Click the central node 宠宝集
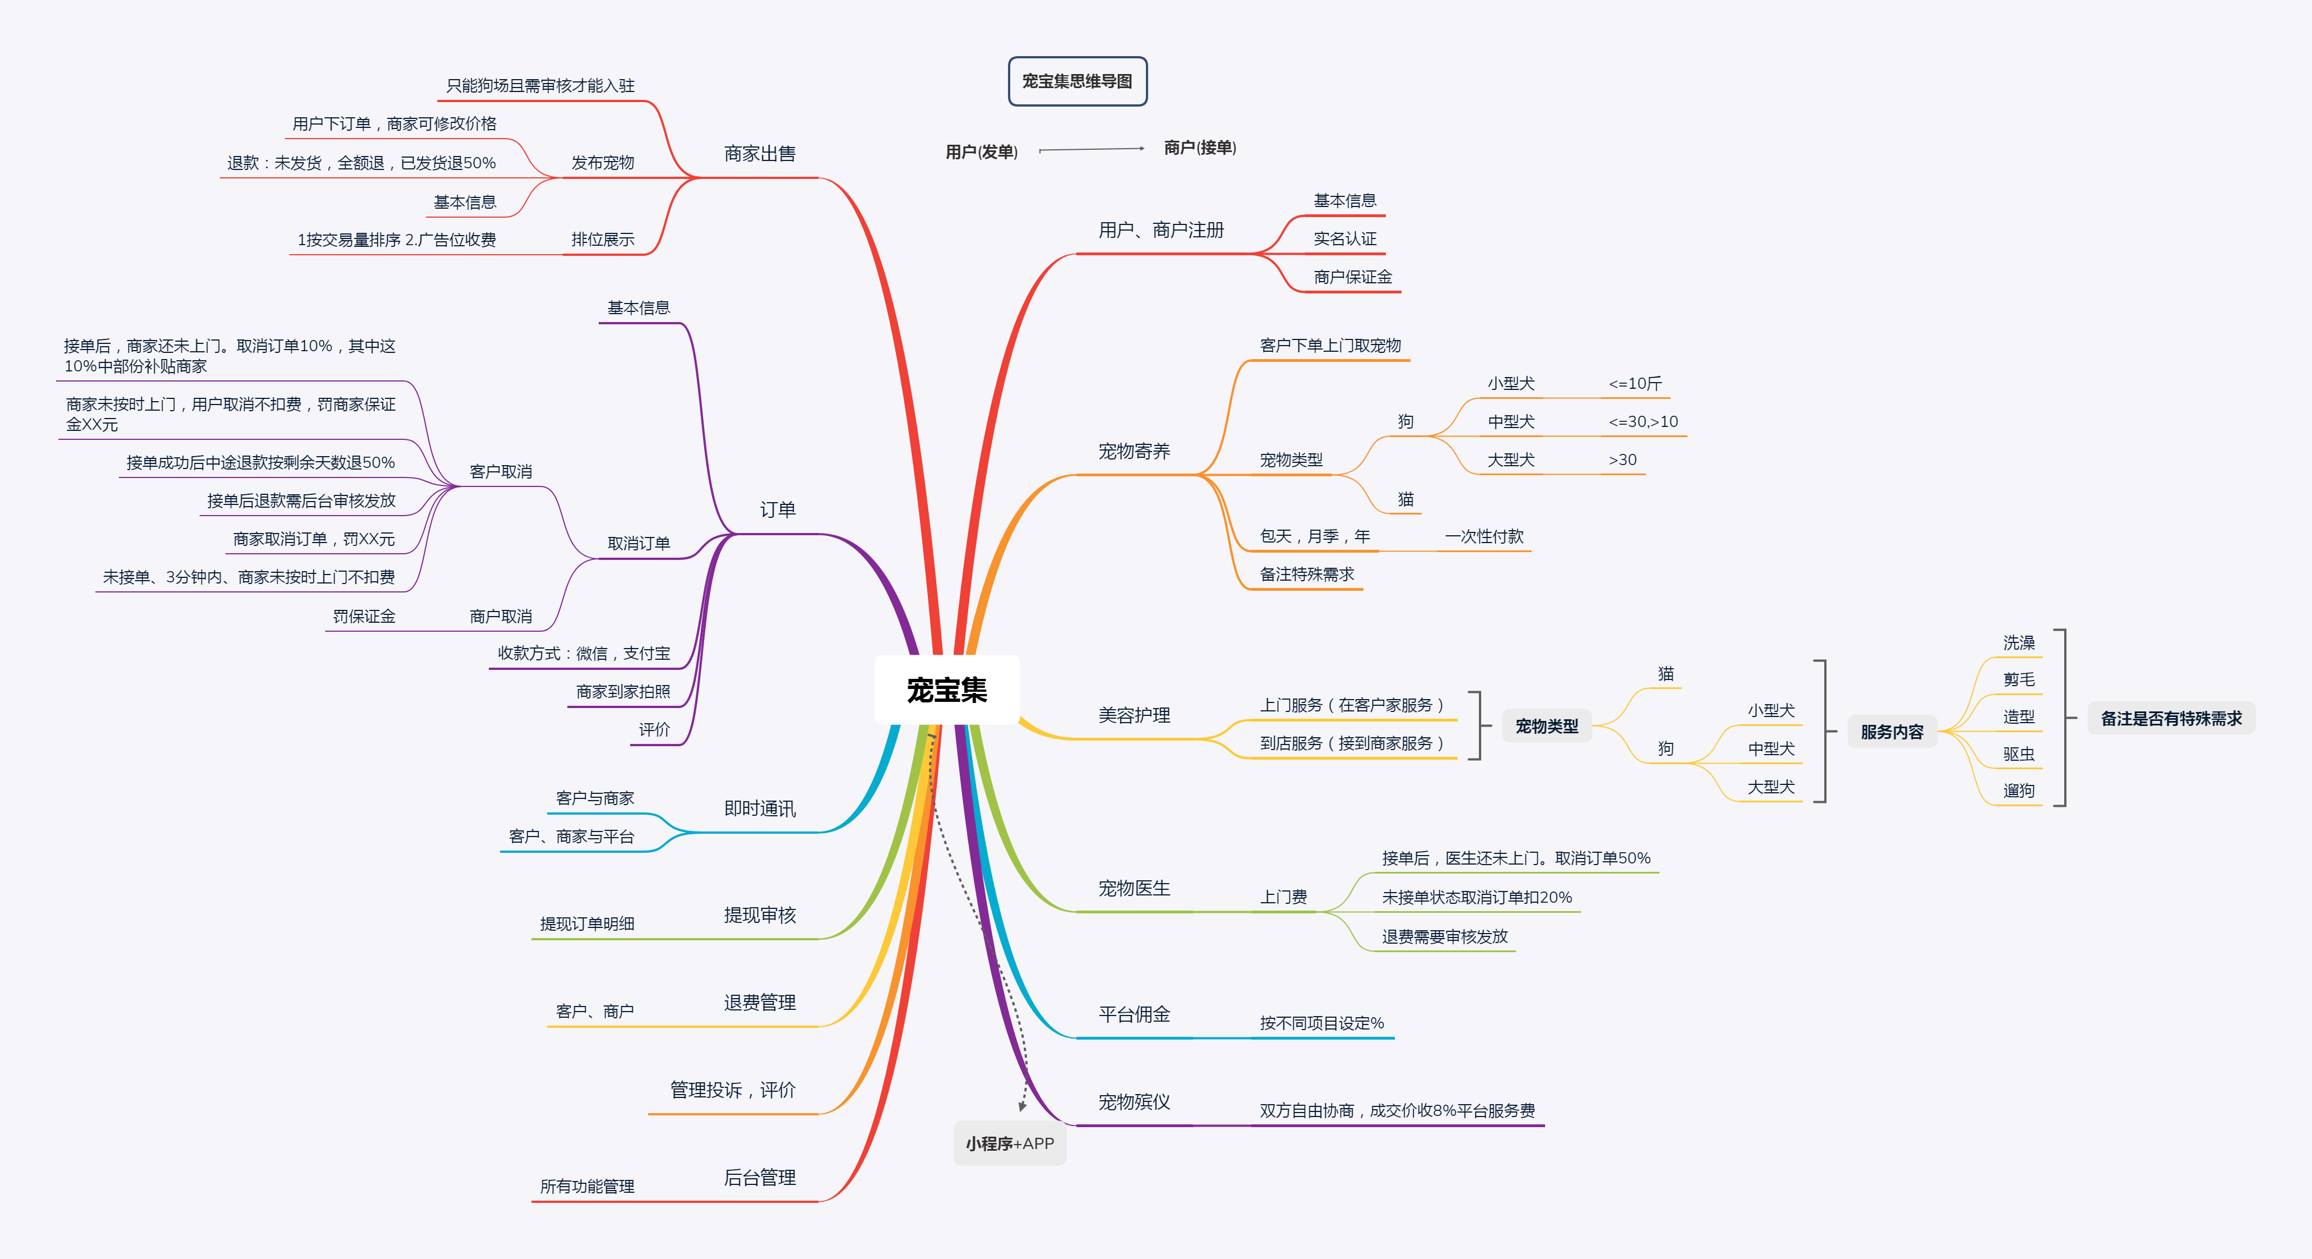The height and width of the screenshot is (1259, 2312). click(x=947, y=690)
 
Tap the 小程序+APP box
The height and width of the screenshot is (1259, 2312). click(x=1010, y=1143)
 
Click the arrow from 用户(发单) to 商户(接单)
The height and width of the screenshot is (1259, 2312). click(x=1092, y=149)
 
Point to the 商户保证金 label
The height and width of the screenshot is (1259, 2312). click(x=1353, y=277)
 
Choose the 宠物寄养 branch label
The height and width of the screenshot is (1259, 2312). click(x=1135, y=451)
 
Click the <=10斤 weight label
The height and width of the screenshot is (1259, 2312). click(x=1635, y=383)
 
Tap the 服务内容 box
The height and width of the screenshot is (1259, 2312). click(x=1892, y=732)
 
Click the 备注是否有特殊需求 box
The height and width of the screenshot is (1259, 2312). click(x=2171, y=718)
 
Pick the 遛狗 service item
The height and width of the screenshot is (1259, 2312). click(x=2018, y=791)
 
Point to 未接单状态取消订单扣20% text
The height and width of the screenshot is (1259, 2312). click(x=1477, y=897)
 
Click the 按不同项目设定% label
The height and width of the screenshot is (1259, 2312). click(x=1321, y=1023)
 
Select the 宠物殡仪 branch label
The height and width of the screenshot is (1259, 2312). click(x=1135, y=1102)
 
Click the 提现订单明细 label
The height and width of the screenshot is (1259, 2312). click(x=587, y=923)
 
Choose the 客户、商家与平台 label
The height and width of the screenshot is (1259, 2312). click(x=572, y=836)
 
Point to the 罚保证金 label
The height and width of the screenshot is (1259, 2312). click(x=364, y=616)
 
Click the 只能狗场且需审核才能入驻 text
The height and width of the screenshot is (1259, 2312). click(x=540, y=85)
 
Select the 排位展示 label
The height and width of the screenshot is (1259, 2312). click(x=603, y=239)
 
